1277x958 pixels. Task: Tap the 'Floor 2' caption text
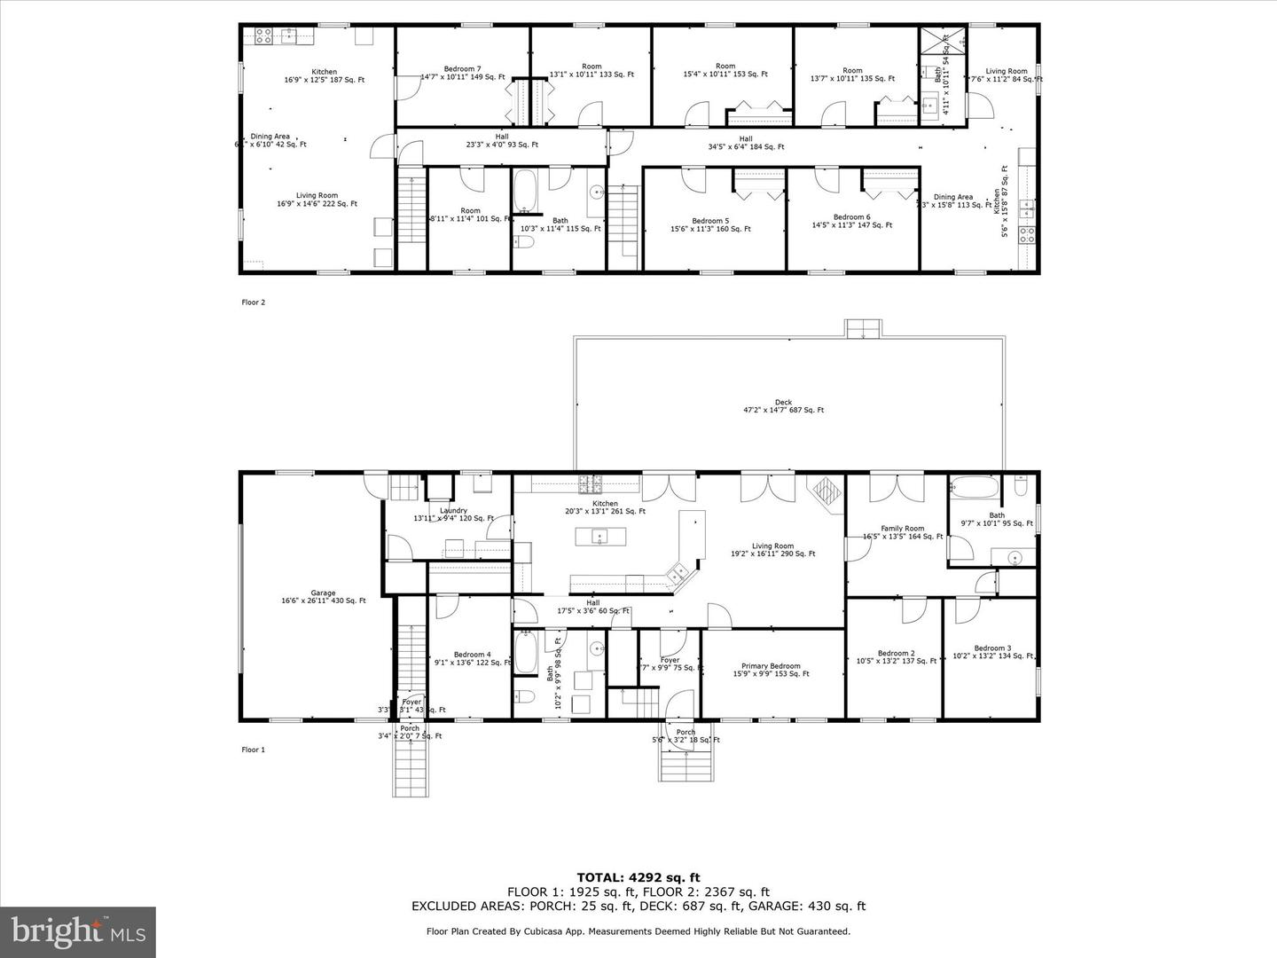254,302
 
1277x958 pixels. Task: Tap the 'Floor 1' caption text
254,750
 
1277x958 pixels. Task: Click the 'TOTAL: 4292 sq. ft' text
638,877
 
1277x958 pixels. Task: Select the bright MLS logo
78,931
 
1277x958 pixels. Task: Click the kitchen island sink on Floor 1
600,537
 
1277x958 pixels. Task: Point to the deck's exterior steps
861,328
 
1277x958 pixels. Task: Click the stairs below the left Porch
410,768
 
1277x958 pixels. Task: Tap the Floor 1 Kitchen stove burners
590,484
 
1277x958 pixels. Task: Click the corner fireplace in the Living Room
827,491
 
